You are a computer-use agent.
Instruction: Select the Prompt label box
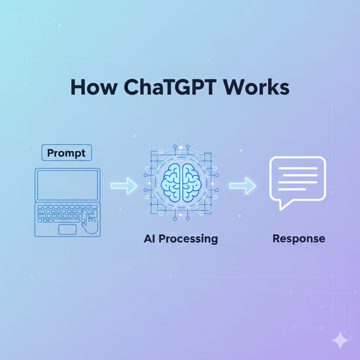tap(66, 153)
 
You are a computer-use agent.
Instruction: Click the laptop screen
tap(67, 185)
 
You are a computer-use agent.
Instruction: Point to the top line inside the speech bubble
tap(297, 168)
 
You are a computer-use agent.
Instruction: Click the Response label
tap(298, 239)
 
